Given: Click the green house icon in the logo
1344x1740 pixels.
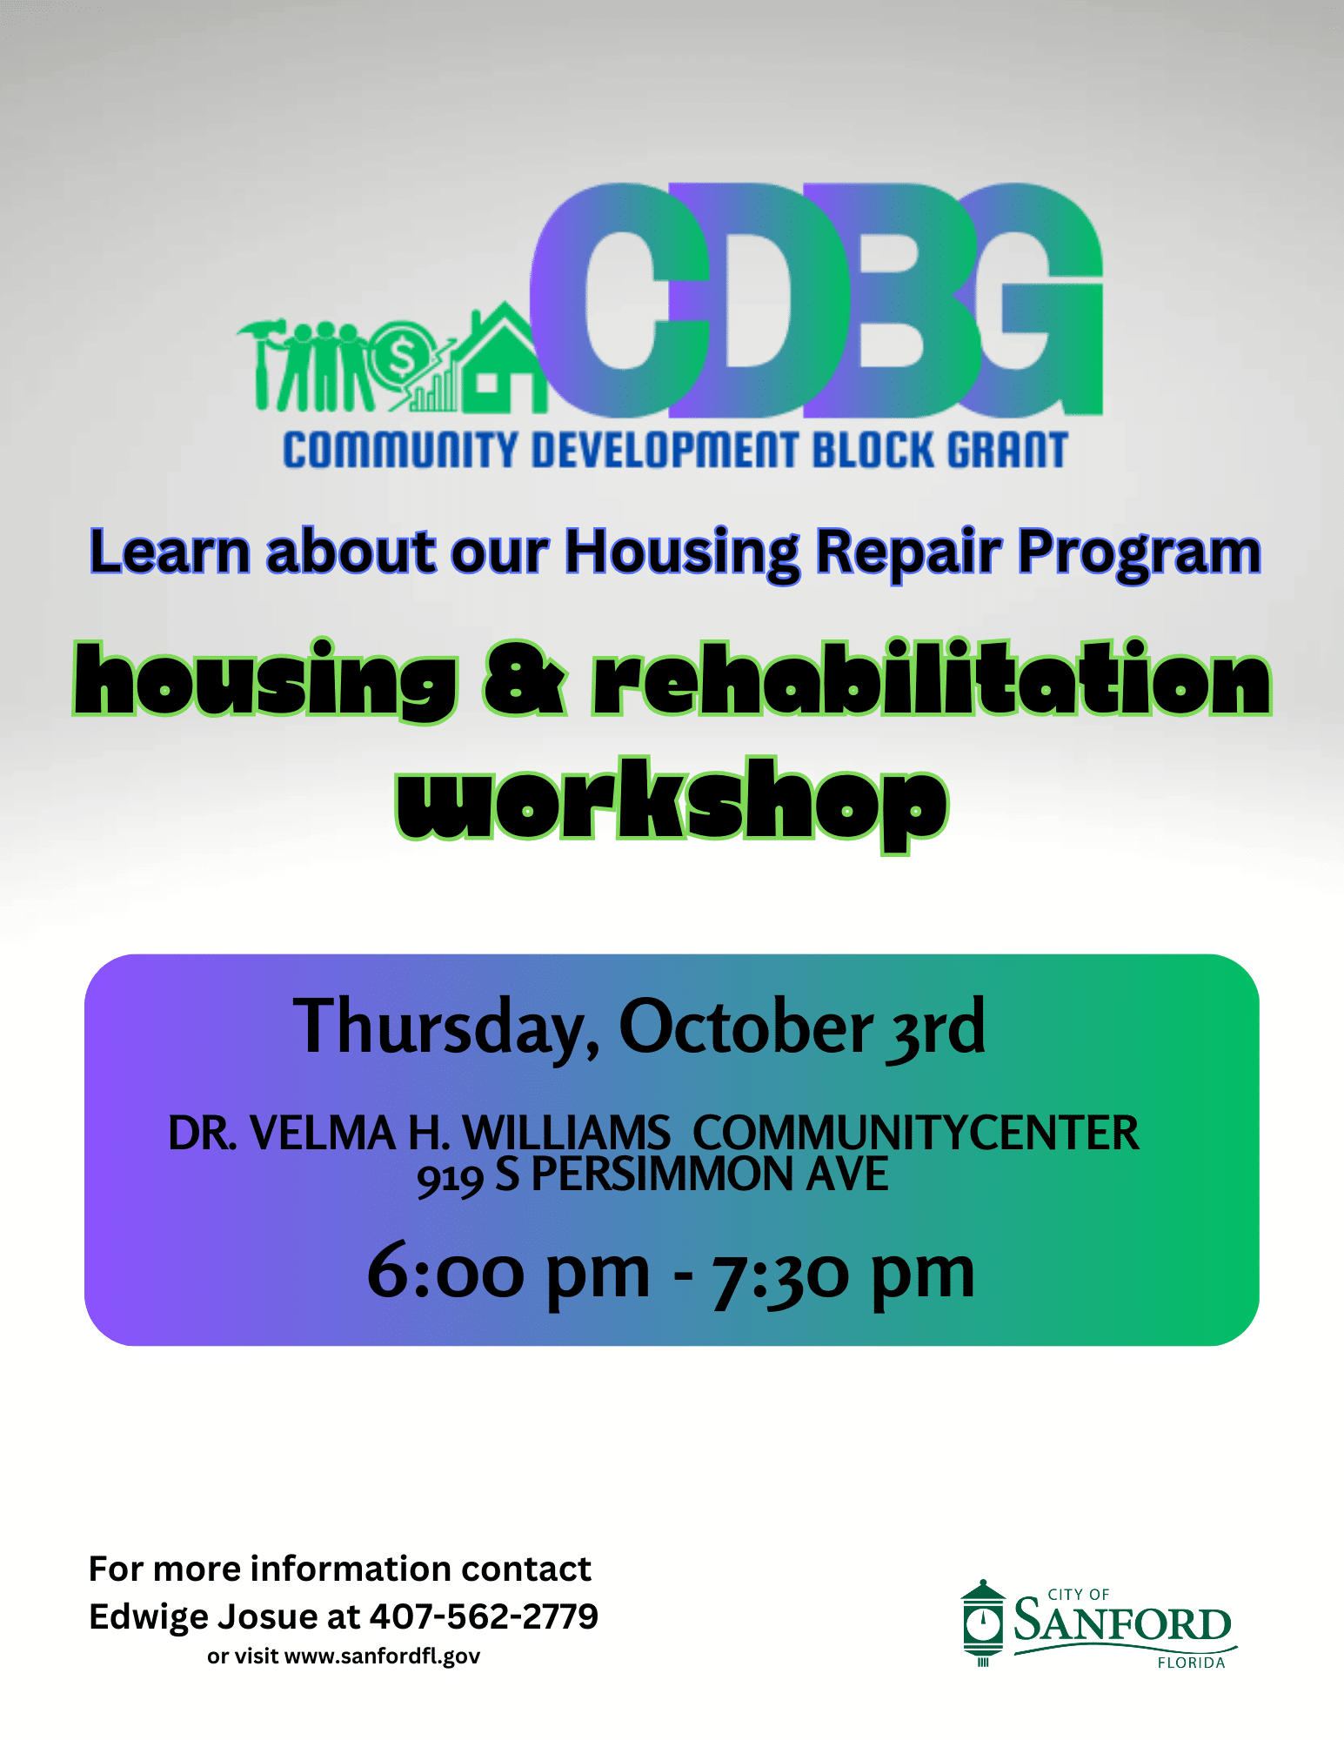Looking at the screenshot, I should coord(498,361).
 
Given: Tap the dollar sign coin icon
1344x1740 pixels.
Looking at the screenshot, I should coord(401,353).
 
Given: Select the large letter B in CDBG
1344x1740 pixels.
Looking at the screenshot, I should coord(892,300).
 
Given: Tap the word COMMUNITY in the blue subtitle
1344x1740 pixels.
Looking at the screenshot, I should coord(400,451).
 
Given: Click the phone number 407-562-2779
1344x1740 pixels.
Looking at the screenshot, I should coord(484,1616).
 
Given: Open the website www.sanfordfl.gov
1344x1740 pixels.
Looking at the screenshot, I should coord(382,1656).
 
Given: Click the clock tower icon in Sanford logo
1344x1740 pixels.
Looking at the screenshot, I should coord(983,1623).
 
